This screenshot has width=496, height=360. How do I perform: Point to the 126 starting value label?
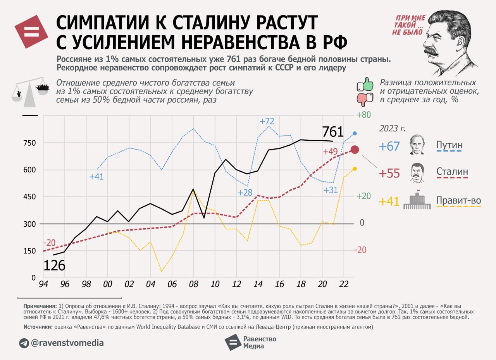pos(54,266)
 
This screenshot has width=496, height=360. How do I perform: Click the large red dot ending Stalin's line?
pos(355,150)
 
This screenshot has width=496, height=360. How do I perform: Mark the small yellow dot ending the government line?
pos(355,169)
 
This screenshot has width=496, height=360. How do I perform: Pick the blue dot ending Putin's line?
pos(355,133)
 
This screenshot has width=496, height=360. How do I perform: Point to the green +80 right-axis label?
pos(364,115)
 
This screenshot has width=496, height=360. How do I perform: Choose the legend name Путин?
pos(449,145)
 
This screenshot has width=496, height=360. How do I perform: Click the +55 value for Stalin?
pos(389,173)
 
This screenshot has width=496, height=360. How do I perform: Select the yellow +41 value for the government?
pos(389,202)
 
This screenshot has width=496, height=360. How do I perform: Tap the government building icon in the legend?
pos(417,200)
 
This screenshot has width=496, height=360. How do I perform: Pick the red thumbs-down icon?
pos(365,99)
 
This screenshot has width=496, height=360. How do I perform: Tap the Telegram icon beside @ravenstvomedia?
pos(24,343)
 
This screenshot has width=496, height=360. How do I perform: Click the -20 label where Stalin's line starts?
pos(49,243)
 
